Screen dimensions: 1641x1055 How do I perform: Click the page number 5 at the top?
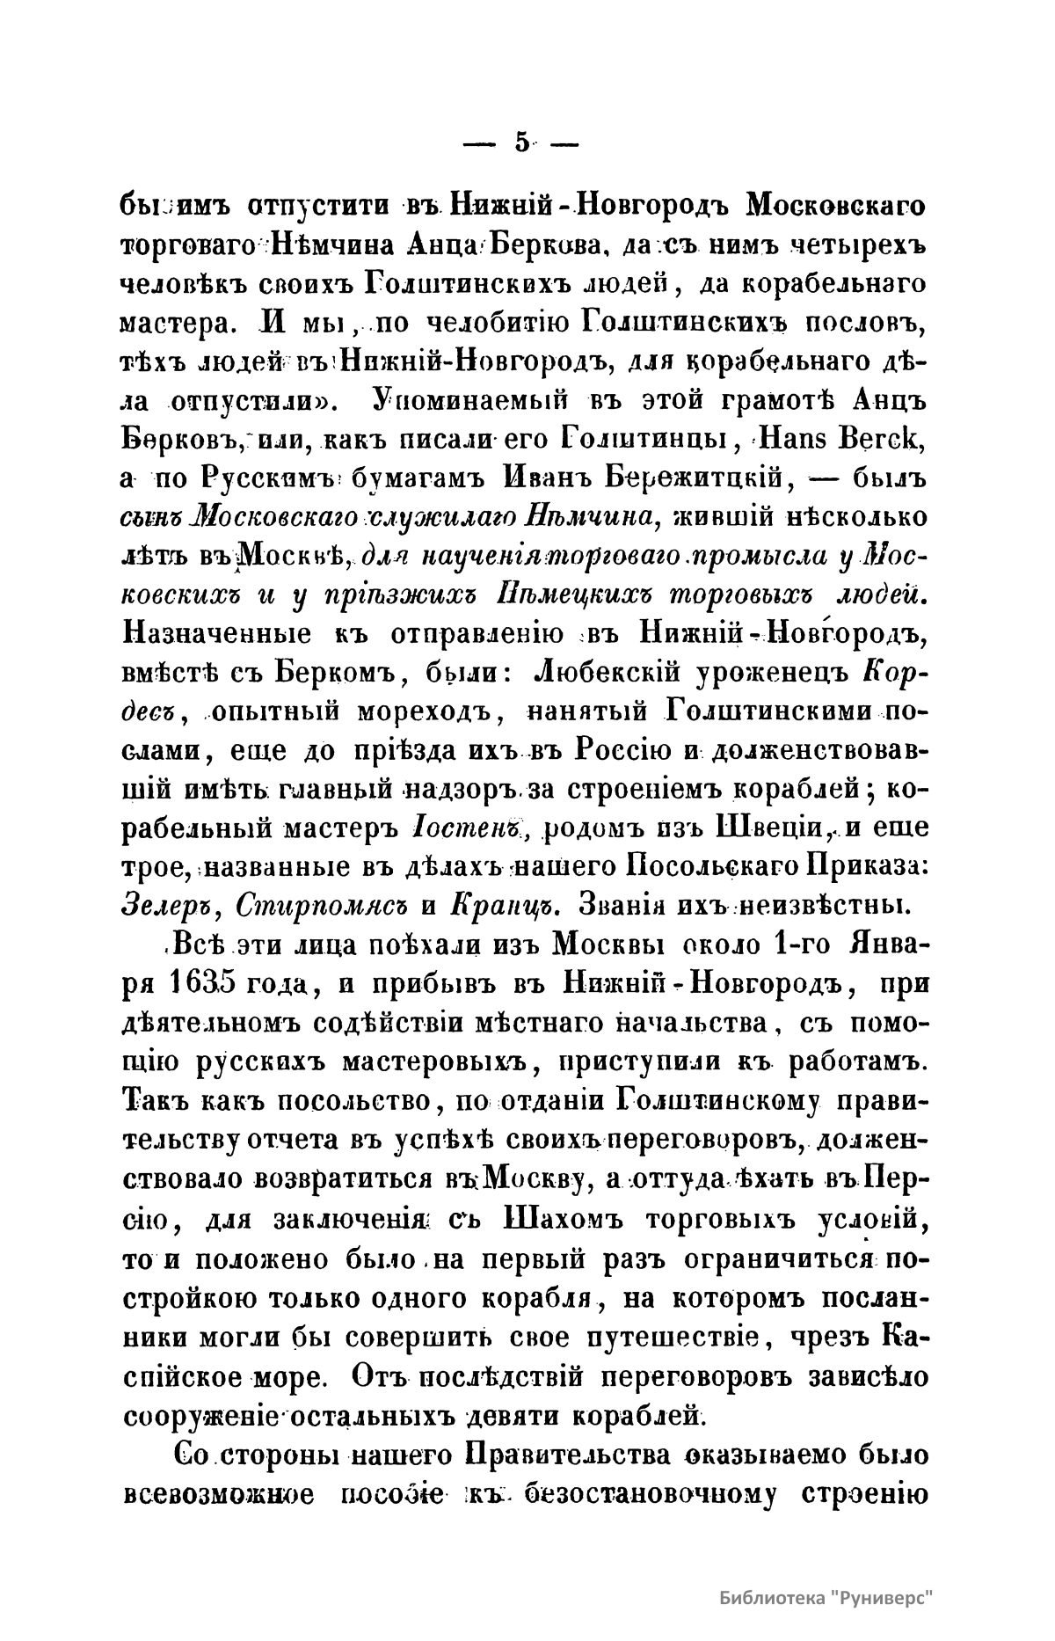pyautogui.click(x=522, y=142)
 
